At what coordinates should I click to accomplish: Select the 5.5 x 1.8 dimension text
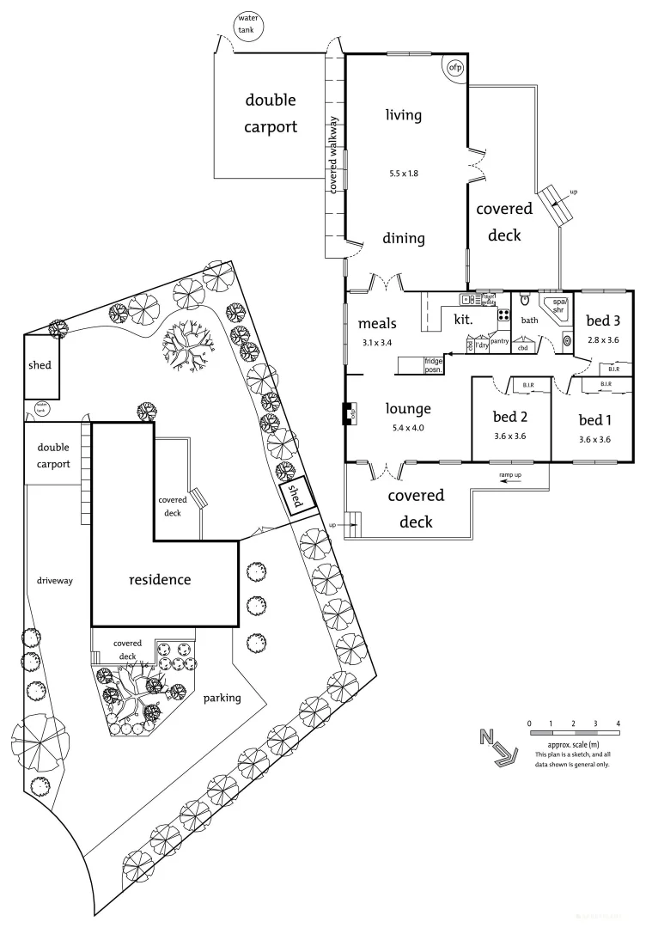(x=403, y=174)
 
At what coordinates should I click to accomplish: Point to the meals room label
(x=379, y=324)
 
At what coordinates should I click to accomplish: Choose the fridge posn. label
(x=433, y=366)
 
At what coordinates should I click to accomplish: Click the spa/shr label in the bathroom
(x=560, y=307)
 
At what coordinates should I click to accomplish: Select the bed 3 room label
(x=603, y=321)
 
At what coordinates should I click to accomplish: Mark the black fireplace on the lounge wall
(x=349, y=413)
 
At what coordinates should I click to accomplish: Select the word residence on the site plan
(x=160, y=579)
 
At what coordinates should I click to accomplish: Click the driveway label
(x=55, y=581)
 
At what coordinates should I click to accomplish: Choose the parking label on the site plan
(x=222, y=698)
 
